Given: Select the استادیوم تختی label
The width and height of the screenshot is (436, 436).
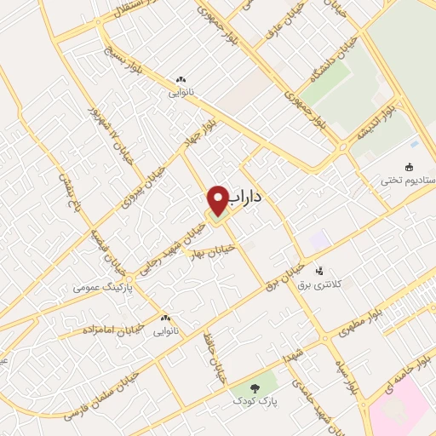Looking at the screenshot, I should coord(408,181).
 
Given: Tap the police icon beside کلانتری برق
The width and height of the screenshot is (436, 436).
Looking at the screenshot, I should coord(318,271).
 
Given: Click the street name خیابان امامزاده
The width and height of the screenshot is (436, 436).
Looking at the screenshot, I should coord(114,327).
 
